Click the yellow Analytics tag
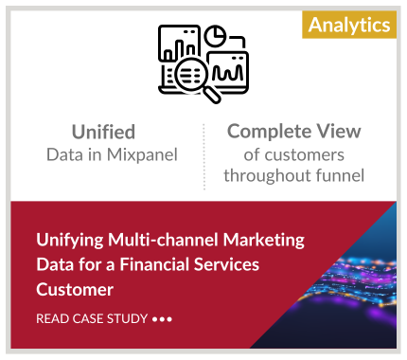click(x=349, y=25)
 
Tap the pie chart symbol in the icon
click(x=215, y=36)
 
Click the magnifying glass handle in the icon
click(x=211, y=95)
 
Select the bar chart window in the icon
click(x=179, y=43)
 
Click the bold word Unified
click(x=103, y=132)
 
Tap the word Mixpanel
click(x=142, y=154)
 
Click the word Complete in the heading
click(x=269, y=132)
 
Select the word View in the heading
click(x=339, y=131)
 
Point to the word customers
click(x=305, y=155)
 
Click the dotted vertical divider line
click(x=204, y=156)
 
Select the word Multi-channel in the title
click(x=164, y=240)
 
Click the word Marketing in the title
click(x=264, y=241)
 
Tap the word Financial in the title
click(x=154, y=264)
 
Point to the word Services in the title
click(x=226, y=264)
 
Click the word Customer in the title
click(x=75, y=290)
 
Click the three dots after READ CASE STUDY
click(x=162, y=319)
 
